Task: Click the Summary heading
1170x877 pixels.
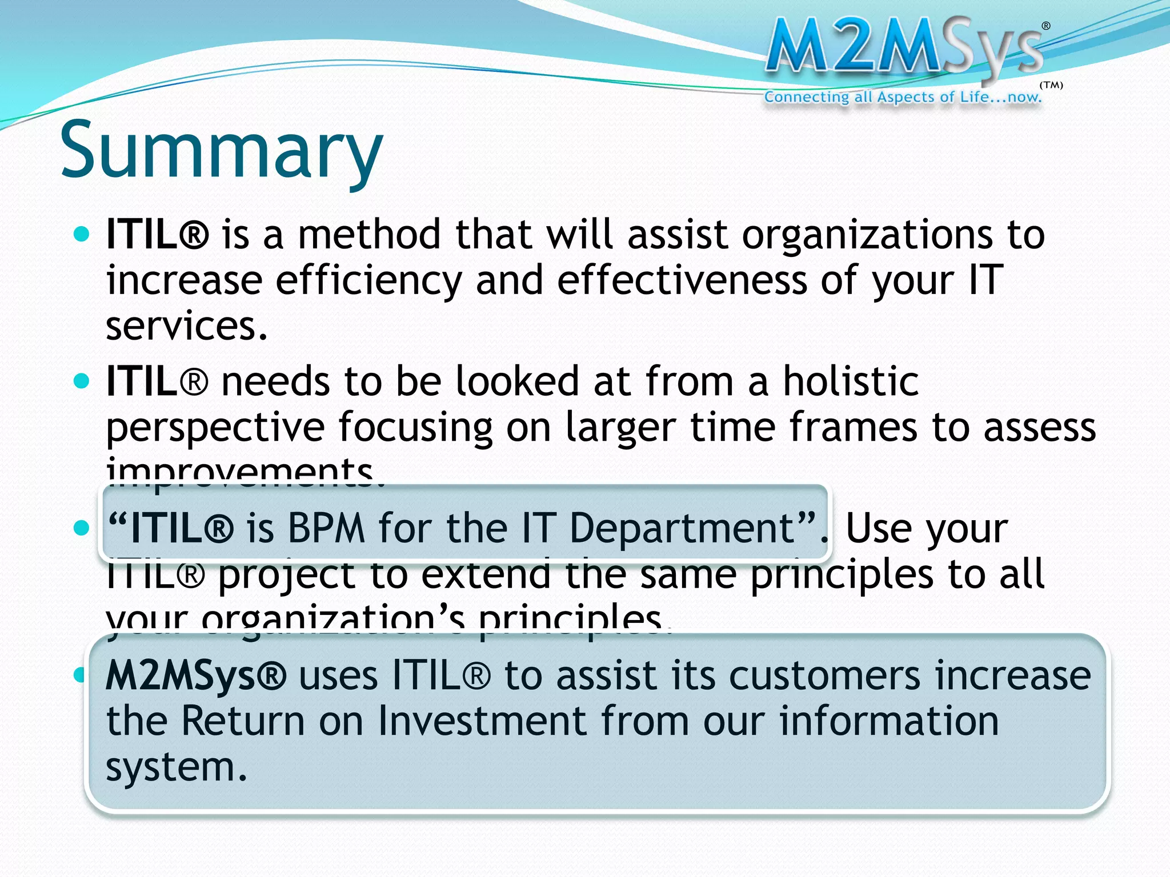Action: coord(221,151)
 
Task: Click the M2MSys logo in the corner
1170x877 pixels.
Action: coord(905,49)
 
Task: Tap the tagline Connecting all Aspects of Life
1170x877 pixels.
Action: coord(903,97)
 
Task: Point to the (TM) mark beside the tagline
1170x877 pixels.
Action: coord(1051,86)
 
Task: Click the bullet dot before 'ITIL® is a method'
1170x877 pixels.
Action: coord(82,234)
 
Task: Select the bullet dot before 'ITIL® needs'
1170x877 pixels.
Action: coord(82,380)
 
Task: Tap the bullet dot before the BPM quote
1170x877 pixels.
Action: coord(82,528)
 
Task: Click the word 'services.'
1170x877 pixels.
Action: coord(187,327)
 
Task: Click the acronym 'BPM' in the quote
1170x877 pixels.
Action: coord(326,528)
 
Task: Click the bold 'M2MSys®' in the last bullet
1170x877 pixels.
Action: coord(195,675)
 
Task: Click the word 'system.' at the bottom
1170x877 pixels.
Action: coord(177,767)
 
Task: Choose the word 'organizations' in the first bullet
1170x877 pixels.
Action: coord(867,235)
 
